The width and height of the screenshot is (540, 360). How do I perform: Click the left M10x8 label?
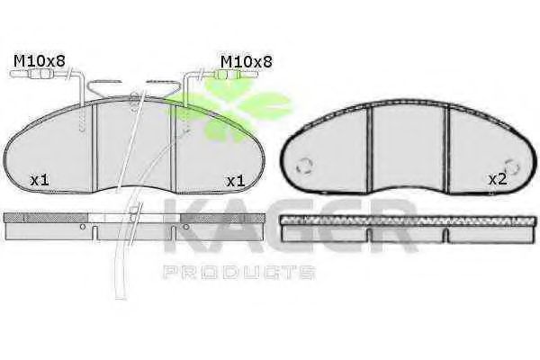pyautogui.click(x=40, y=61)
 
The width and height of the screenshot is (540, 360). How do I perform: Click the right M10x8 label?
pyautogui.click(x=247, y=62)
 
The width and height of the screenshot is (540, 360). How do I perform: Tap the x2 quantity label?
pyautogui.click(x=498, y=179)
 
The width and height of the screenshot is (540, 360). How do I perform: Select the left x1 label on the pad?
pyautogui.click(x=40, y=180)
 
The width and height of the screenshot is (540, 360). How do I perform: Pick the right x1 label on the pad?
pyautogui.click(x=235, y=181)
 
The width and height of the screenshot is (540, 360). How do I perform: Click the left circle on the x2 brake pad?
pyautogui.click(x=304, y=166)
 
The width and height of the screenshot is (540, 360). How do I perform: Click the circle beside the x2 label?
pyautogui.click(x=513, y=167)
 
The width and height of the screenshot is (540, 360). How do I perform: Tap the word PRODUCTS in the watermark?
pyautogui.click(x=238, y=272)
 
